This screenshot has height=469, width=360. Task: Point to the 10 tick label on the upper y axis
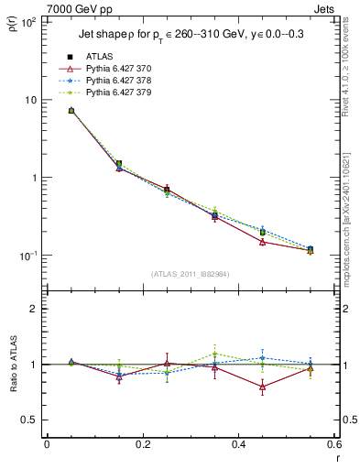tap(30, 100)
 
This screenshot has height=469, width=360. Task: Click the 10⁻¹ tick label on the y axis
tap(28, 256)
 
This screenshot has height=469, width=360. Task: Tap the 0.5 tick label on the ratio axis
tap(29, 420)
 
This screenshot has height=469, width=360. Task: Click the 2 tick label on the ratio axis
tap(34, 309)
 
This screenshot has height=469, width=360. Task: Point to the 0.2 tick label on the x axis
tap(142, 444)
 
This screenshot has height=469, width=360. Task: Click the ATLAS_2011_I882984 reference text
tap(190, 275)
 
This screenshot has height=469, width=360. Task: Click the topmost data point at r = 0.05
tap(71, 111)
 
